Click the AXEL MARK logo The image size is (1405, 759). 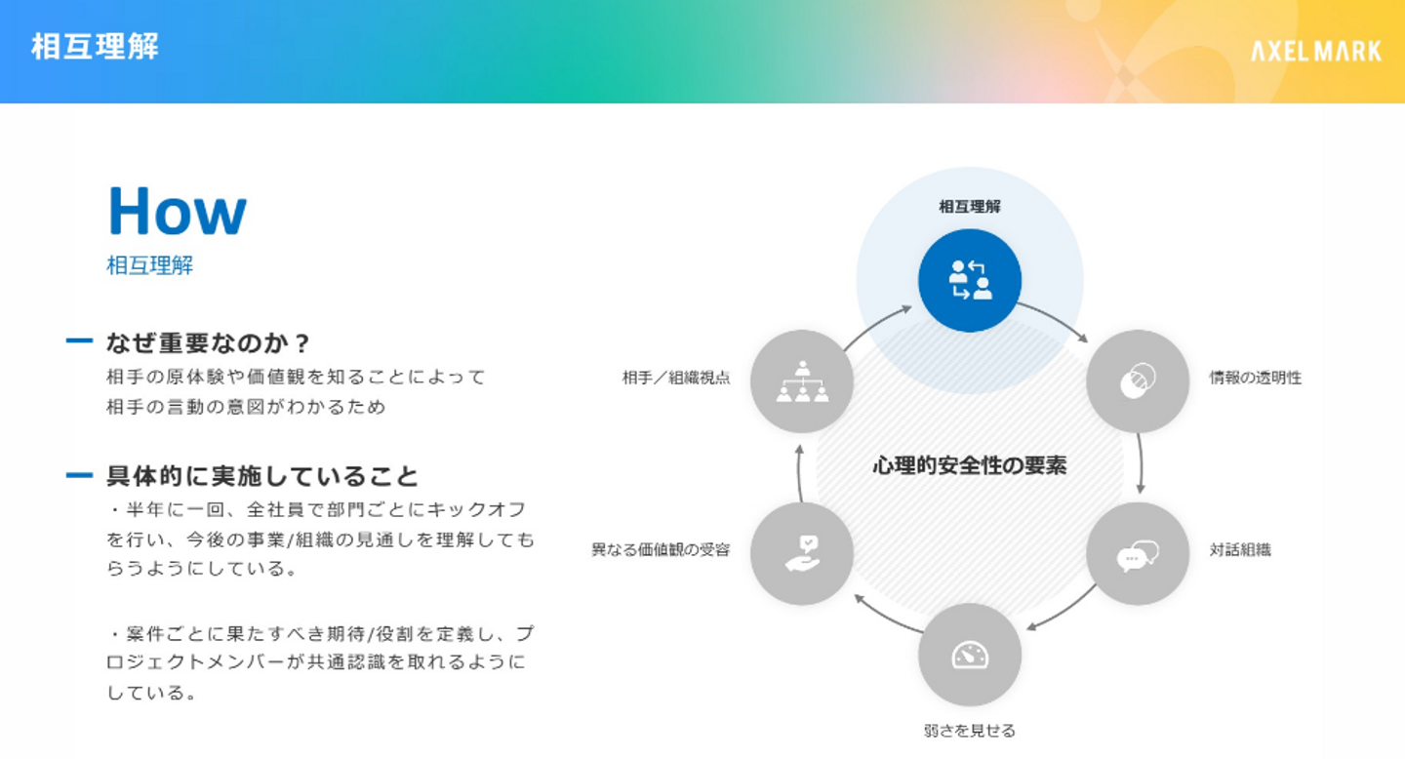[1316, 51]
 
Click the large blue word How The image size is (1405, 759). [177, 212]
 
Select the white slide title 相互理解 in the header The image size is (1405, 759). [95, 46]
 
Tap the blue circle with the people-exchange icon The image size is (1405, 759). [969, 280]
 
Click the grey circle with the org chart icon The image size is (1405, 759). [802, 381]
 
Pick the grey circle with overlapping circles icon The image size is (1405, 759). [1138, 381]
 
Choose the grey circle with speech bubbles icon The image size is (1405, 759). [1138, 553]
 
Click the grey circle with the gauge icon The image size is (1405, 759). [969, 655]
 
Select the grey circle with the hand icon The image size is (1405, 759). [802, 553]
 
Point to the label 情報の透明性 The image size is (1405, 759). [1255, 378]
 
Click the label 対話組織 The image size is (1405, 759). [1240, 549]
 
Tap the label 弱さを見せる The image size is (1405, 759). [969, 730]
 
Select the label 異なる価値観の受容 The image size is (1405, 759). [661, 549]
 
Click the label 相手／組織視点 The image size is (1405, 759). [675, 378]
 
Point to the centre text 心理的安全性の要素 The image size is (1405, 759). [969, 465]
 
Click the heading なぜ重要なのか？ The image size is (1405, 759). [208, 342]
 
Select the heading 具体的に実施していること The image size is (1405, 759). [261, 476]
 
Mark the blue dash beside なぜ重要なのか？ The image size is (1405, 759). [79, 341]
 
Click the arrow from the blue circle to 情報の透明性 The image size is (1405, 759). [1055, 321]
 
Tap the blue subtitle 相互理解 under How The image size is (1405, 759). [149, 265]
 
